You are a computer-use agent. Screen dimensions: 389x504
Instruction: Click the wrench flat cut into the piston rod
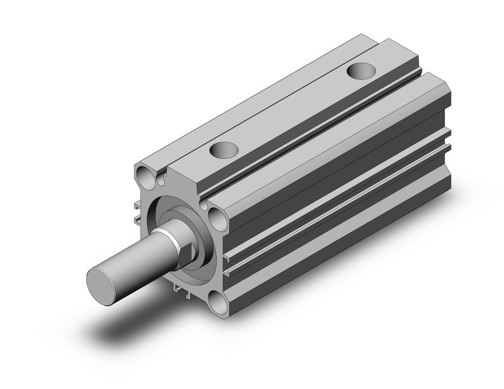[189, 252]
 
